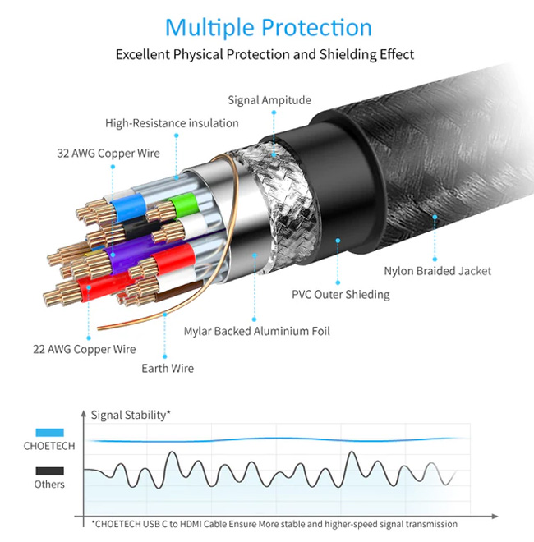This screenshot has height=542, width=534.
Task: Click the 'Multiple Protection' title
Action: tap(269, 28)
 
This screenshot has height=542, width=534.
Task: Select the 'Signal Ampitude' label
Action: tap(269, 100)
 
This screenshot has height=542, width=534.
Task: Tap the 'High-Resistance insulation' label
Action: tap(172, 123)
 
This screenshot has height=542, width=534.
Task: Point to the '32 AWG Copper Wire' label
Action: tap(108, 153)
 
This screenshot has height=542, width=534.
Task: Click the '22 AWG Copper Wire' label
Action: tap(85, 349)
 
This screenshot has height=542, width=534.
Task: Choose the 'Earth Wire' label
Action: tap(168, 368)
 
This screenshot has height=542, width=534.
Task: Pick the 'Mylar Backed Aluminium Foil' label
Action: tap(257, 331)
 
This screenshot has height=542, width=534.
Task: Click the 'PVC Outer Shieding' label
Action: tap(341, 295)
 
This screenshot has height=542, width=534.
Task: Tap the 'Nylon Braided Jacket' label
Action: tap(438, 271)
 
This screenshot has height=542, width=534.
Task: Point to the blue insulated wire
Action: tap(128, 208)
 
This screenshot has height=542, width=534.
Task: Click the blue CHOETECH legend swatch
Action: tap(49, 433)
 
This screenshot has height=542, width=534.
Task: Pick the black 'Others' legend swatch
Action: tap(49, 471)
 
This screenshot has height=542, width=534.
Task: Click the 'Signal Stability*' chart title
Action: tap(131, 415)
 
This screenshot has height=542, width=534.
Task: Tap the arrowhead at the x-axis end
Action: tap(495, 517)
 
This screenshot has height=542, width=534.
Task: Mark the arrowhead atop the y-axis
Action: tap(83, 413)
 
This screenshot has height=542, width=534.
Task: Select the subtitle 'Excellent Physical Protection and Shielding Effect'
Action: tap(265, 55)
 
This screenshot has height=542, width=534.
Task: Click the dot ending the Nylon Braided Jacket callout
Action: tap(435, 260)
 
